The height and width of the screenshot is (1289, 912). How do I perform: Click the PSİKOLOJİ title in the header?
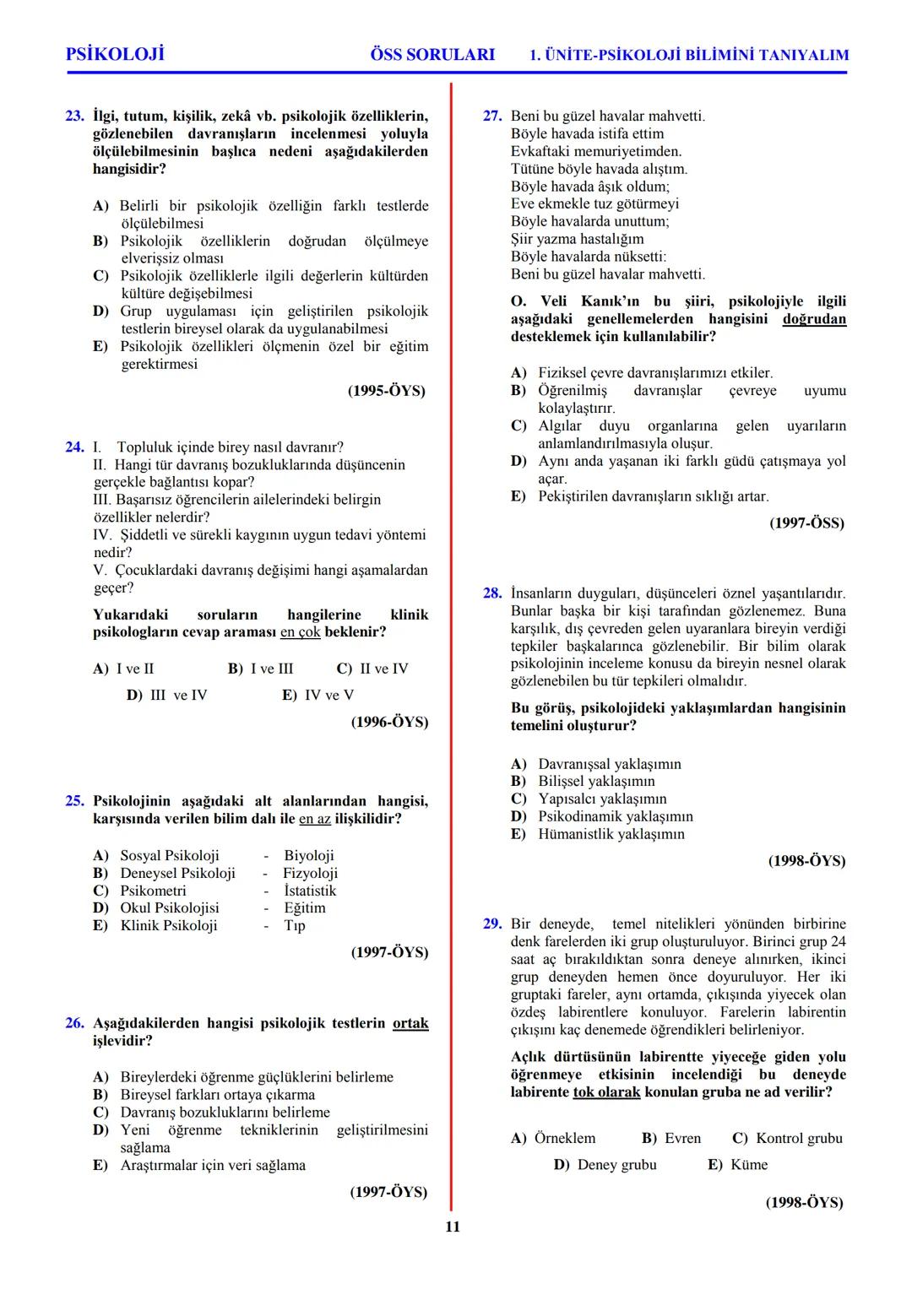click(x=115, y=55)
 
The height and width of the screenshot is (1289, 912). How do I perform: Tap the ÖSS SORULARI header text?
click(x=432, y=55)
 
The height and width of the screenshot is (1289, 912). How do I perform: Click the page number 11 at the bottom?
click(x=453, y=1227)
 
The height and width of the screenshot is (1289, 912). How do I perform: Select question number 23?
click(x=75, y=116)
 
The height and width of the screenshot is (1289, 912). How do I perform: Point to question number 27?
click(x=492, y=116)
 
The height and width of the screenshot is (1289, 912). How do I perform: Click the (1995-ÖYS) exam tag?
click(x=387, y=391)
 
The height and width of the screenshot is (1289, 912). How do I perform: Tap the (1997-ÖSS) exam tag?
click(x=806, y=523)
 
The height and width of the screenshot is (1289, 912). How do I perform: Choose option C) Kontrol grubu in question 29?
click(x=787, y=1138)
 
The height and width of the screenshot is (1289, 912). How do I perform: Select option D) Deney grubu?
click(x=605, y=1165)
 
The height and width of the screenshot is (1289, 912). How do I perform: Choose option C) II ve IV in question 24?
click(x=372, y=669)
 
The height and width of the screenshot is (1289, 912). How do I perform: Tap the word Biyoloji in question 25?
click(x=309, y=856)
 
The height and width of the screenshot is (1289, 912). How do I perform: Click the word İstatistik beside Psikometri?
click(x=310, y=891)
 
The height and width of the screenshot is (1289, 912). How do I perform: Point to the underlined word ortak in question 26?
click(x=410, y=1023)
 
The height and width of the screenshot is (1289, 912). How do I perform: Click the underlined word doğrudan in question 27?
click(x=814, y=319)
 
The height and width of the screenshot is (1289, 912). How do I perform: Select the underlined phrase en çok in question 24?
click(x=301, y=632)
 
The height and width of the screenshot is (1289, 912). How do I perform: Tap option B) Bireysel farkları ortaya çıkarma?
click(x=204, y=1095)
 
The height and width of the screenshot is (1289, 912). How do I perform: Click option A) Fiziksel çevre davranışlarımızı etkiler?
click(x=642, y=373)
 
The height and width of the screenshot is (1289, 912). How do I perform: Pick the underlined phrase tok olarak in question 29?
click(x=606, y=1092)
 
